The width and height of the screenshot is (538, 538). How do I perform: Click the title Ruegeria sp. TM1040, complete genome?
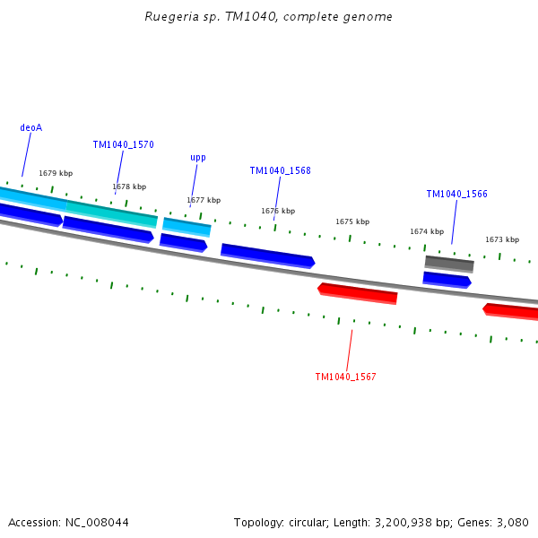[x=268, y=17]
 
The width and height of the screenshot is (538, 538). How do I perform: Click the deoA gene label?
[x=31, y=127]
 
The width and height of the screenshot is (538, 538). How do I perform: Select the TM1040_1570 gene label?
[x=124, y=144]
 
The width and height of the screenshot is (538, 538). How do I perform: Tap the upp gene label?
[x=198, y=158]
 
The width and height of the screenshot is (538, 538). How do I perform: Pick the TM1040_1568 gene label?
[x=281, y=170]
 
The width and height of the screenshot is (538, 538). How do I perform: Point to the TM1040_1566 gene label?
[x=457, y=194]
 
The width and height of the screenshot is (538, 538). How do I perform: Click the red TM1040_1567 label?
[x=345, y=377]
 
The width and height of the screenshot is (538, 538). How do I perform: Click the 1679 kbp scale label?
[x=56, y=173]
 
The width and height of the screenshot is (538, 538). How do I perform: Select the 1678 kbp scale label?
[x=129, y=187]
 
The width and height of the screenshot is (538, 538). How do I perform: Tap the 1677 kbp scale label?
[x=204, y=200]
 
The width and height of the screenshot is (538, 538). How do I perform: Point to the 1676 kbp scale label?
[x=278, y=211]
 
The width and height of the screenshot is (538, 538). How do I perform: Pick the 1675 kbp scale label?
[x=352, y=221]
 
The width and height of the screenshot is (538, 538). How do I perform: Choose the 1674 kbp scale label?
[x=427, y=231]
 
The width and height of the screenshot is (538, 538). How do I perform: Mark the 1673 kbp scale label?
[x=502, y=239]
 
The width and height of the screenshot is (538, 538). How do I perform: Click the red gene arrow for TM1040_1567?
[x=358, y=292]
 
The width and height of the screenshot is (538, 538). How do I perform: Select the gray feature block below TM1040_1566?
[x=449, y=263]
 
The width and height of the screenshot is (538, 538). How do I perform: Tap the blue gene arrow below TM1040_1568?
[x=267, y=255]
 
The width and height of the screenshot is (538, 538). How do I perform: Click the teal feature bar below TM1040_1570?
[x=112, y=213]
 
